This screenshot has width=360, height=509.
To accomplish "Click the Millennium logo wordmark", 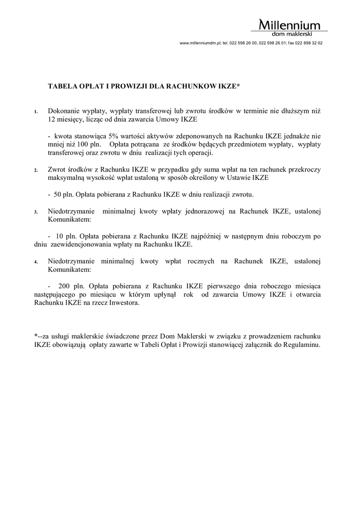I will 290,25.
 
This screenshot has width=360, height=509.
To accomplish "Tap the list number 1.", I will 35,112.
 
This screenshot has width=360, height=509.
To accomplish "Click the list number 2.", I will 35,170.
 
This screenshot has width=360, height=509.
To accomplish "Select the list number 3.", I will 35,212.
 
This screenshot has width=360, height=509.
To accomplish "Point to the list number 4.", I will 35,261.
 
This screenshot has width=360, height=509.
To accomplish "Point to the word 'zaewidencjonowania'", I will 88,245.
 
